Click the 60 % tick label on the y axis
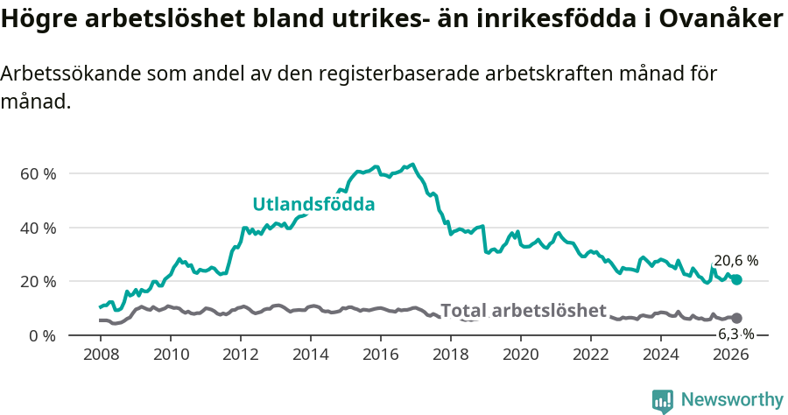click(x=38, y=173)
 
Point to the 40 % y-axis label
click(x=38, y=228)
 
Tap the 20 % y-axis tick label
click(x=38, y=282)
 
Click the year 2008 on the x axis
click(x=101, y=355)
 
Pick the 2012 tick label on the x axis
click(x=241, y=355)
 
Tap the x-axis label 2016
click(x=381, y=355)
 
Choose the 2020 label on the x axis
click(x=521, y=355)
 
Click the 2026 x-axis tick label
click(x=731, y=355)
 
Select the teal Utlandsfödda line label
click(x=313, y=204)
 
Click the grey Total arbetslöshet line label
click(x=523, y=311)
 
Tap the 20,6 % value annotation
click(x=735, y=261)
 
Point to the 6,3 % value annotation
click(x=735, y=334)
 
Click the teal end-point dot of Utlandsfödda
click(x=737, y=279)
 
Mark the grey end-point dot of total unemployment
click(x=737, y=318)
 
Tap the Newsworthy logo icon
click(x=663, y=400)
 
